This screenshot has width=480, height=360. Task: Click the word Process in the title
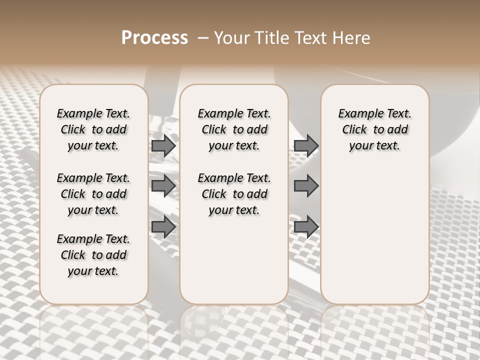(x=154, y=37)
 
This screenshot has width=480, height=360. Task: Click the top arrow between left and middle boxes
(x=163, y=146)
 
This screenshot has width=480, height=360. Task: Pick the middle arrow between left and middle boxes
(x=163, y=186)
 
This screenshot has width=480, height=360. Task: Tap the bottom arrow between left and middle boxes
(x=163, y=227)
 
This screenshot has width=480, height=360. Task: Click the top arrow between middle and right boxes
(x=306, y=146)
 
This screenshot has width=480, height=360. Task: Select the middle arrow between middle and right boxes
(x=306, y=186)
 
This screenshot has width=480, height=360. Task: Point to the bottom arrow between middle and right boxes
(x=306, y=227)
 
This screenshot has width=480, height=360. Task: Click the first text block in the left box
(x=93, y=129)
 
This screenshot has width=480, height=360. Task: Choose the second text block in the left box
(x=93, y=194)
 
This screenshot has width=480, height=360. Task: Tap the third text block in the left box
(x=93, y=255)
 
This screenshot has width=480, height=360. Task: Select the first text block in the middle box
(x=234, y=129)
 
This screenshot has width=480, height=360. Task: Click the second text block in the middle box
(x=234, y=194)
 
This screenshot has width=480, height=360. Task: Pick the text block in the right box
(x=374, y=129)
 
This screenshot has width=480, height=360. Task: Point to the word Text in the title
(x=311, y=38)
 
